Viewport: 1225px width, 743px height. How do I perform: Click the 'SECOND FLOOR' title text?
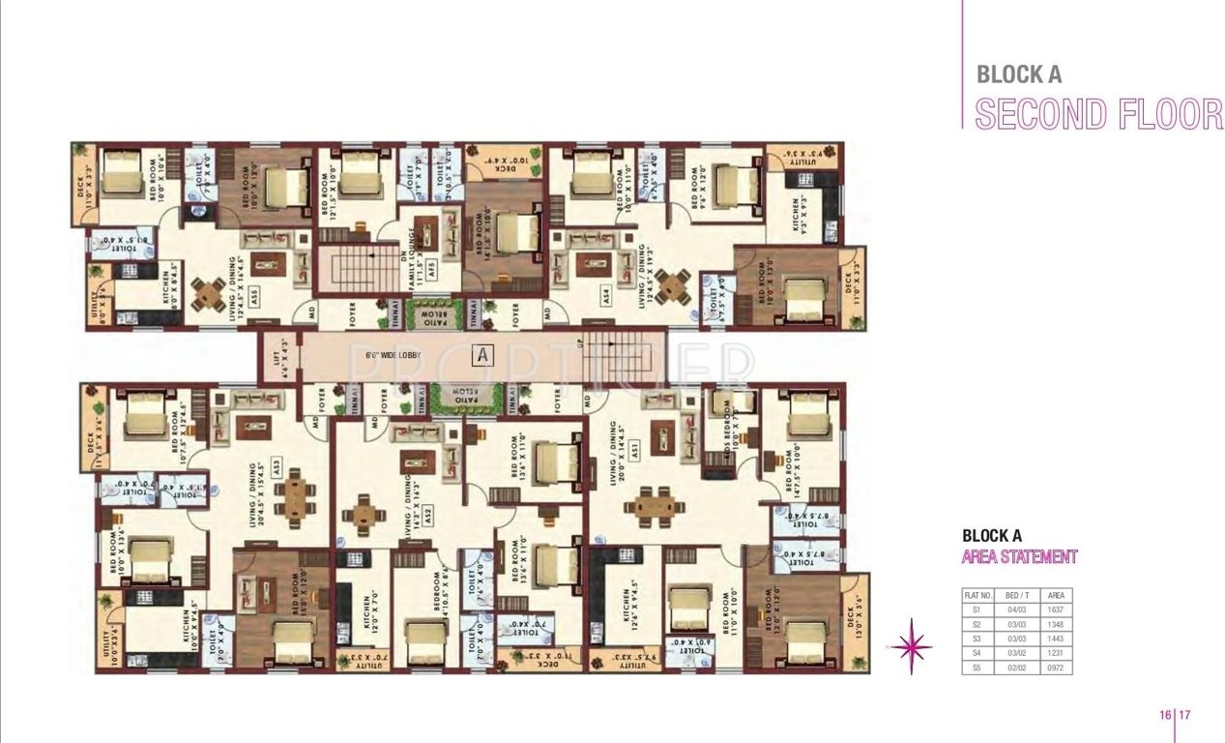(x=1098, y=113)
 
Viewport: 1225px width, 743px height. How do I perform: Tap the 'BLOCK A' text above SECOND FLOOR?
(x=1018, y=74)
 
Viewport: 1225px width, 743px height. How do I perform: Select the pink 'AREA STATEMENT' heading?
(x=1019, y=556)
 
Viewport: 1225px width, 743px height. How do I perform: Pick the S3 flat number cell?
(x=977, y=639)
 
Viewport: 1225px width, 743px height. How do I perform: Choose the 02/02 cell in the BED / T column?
(x=1014, y=669)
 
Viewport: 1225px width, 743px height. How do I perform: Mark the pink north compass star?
(x=913, y=645)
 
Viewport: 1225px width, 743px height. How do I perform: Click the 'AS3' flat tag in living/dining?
(x=275, y=463)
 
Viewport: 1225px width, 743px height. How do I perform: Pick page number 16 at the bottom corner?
(x=1165, y=715)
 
